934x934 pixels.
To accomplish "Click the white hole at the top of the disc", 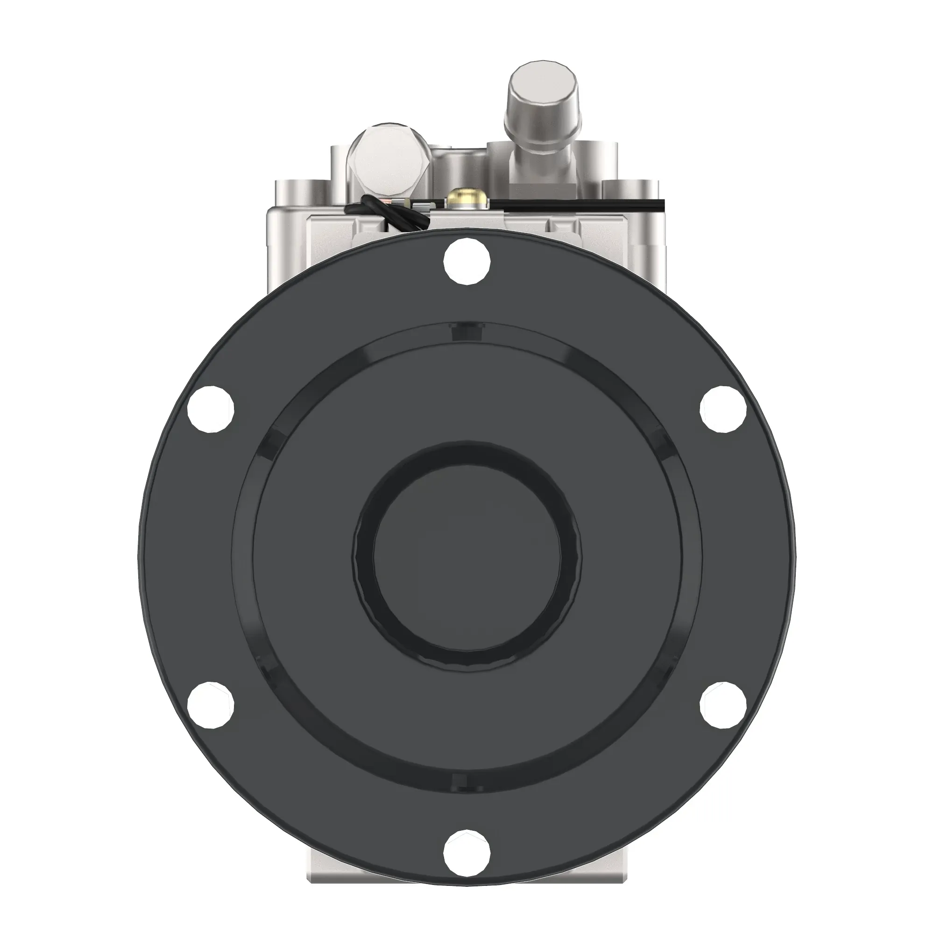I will coord(467,262).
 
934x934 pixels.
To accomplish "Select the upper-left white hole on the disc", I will coord(211,410).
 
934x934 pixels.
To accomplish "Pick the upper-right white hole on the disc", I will coord(723,410).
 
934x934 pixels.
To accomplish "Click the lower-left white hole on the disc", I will coord(211,705).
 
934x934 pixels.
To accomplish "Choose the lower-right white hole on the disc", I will coord(723,705).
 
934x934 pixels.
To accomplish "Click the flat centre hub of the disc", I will coord(467,556).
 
